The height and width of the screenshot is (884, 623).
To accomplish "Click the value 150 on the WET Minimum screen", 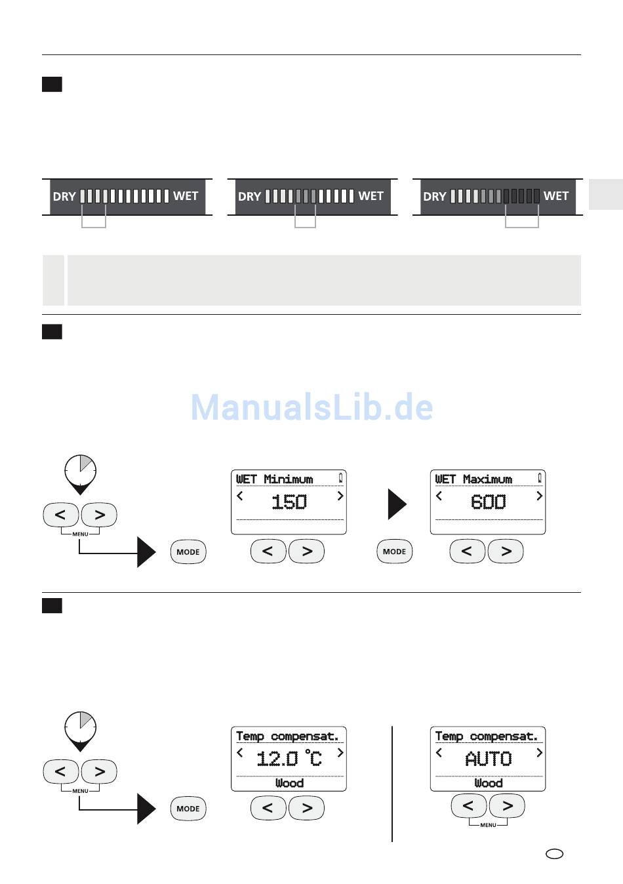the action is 289,502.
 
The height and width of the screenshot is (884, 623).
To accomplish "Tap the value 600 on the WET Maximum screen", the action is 488,502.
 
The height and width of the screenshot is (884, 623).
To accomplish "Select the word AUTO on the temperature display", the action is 488,759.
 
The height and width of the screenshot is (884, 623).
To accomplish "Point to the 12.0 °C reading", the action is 289,759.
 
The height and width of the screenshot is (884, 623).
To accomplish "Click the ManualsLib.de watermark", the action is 311,407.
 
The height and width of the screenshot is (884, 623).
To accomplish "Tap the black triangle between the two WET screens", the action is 397,504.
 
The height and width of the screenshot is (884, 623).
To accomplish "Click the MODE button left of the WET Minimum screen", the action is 188,552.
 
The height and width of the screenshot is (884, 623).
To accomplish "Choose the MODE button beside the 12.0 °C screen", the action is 188,809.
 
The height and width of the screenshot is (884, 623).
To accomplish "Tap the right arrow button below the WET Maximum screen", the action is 506,552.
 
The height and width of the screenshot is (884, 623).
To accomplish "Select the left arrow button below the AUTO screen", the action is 468,805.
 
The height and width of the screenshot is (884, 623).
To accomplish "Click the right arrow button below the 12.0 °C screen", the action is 306,809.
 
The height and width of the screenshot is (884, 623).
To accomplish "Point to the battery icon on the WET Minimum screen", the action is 340,478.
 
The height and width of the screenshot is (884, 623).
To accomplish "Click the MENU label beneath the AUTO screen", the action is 488,825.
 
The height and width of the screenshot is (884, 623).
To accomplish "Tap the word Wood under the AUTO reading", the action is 488,783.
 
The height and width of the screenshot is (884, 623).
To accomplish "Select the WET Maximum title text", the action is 473,479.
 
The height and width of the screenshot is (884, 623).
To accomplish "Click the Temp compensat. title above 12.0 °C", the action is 287,736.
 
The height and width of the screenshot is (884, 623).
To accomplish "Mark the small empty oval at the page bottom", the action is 554,854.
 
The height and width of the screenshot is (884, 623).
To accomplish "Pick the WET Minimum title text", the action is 275,479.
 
